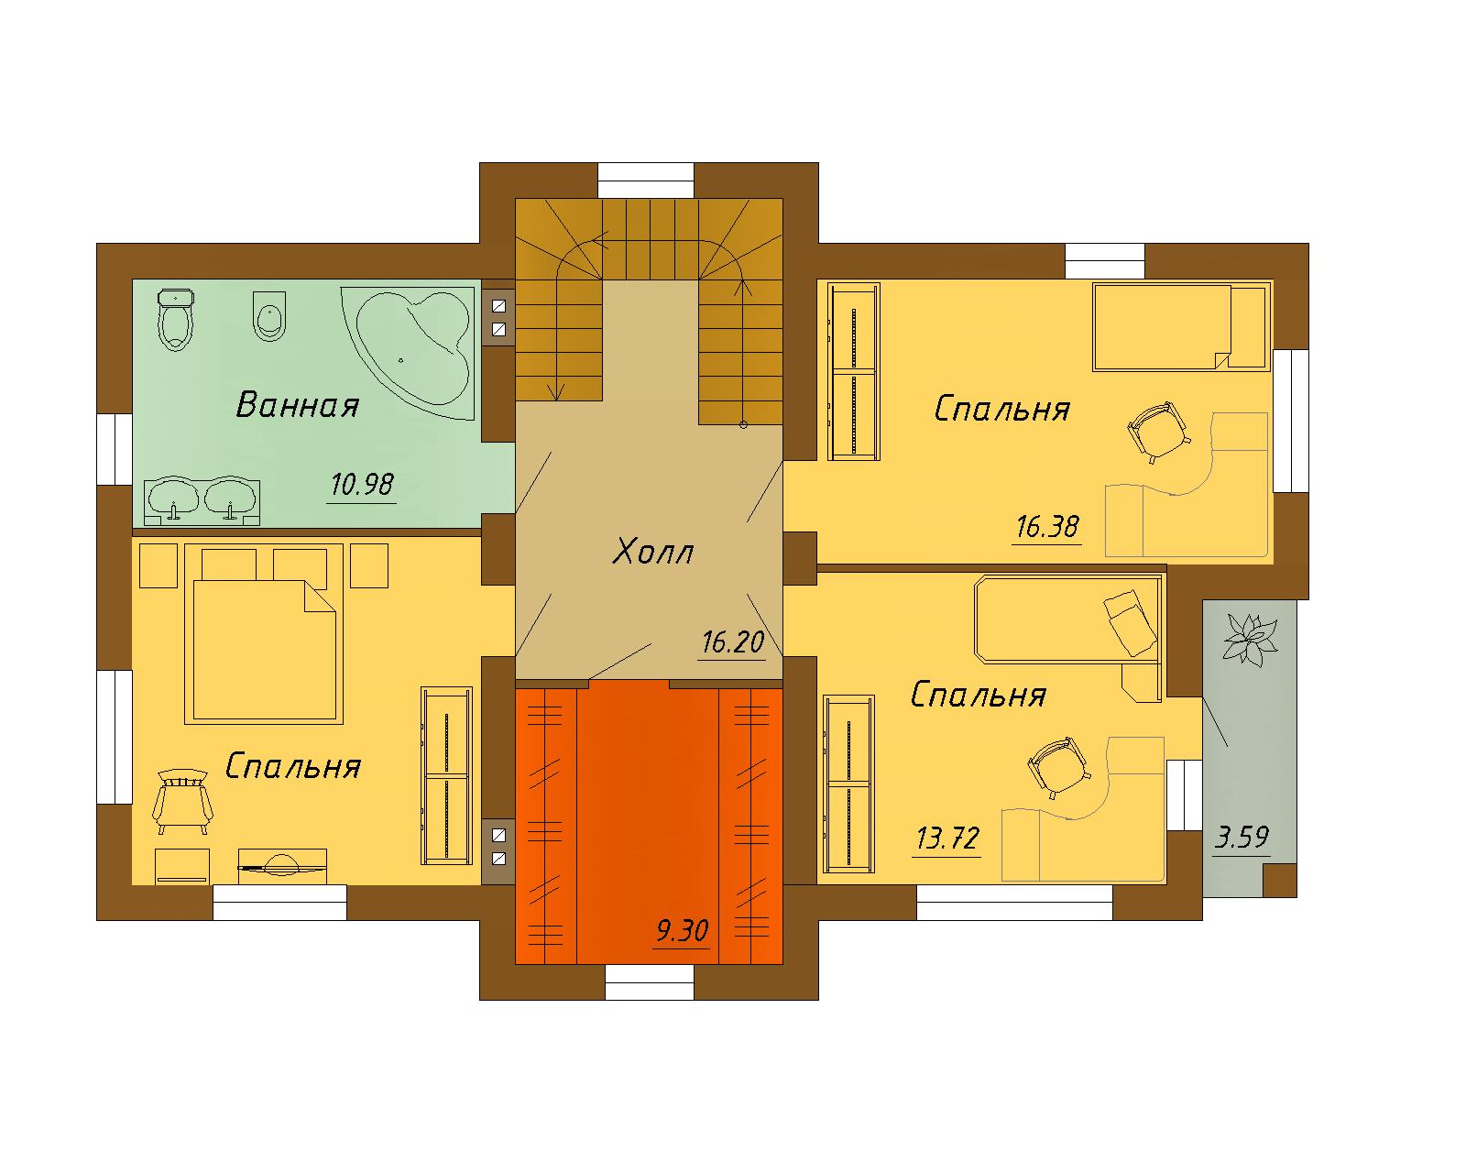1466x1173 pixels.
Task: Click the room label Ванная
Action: coord(298,405)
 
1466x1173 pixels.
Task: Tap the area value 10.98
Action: coord(362,485)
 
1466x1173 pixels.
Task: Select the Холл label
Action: coord(652,552)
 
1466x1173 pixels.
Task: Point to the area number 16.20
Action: coord(733,642)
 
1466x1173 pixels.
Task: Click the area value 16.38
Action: coord(1047,527)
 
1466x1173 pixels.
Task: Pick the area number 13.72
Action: coord(947,839)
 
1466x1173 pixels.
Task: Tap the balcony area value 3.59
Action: coord(1242,837)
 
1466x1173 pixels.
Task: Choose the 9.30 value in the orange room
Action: coord(683,930)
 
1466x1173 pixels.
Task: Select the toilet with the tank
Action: coord(176,320)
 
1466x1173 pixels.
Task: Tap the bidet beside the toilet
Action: coord(269,316)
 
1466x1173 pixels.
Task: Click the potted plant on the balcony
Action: coord(1250,639)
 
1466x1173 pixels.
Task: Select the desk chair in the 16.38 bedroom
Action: coord(1159,432)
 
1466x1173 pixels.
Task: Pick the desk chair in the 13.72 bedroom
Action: coord(1058,767)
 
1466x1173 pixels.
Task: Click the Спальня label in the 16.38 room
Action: coord(1001,410)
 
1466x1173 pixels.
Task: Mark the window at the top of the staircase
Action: coord(646,181)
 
